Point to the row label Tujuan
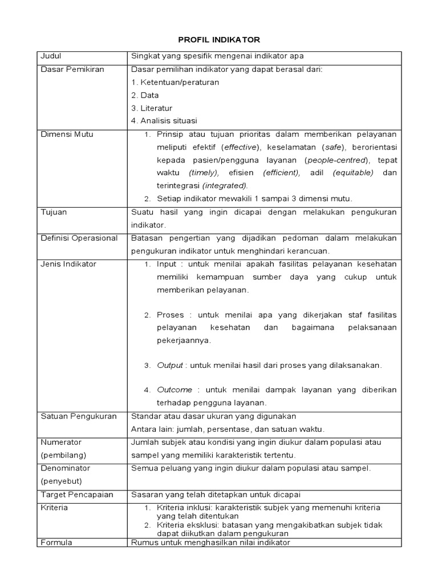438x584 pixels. [54, 212]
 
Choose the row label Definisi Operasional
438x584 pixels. [79, 238]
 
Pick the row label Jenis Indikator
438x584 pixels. [68, 264]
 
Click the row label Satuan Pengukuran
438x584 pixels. [79, 416]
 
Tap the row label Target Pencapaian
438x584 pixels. [77, 494]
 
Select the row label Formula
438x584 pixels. [56, 542]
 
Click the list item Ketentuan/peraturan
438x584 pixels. [179, 82]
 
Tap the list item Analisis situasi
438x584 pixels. [167, 121]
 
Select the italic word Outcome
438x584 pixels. [175, 390]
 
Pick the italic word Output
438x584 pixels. [170, 365]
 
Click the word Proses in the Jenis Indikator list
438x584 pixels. [170, 315]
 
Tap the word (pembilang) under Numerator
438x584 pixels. [63, 455]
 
